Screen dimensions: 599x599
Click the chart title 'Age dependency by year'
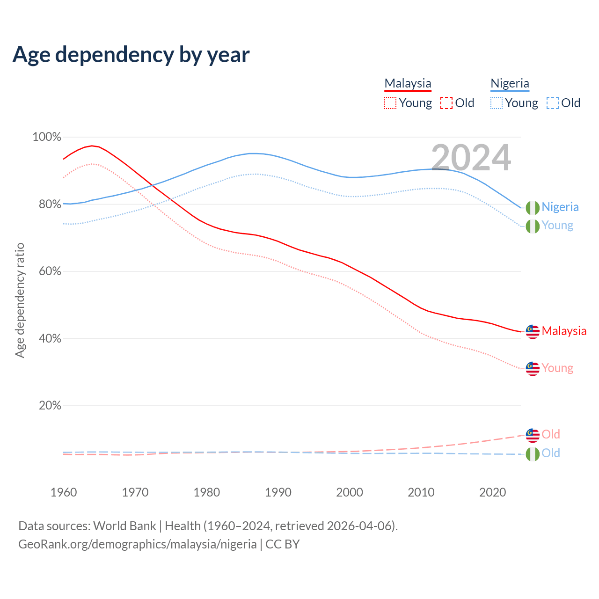pyautogui.click(x=131, y=55)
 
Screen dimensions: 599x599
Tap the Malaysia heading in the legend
pyautogui.click(x=408, y=84)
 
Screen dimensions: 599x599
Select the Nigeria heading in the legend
pyautogui.click(x=510, y=84)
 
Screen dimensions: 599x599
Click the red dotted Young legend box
pyautogui.click(x=390, y=103)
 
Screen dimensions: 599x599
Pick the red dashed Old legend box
pyautogui.click(x=446, y=103)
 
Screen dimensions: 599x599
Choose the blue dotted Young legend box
pyautogui.click(x=497, y=103)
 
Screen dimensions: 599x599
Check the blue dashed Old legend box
pyautogui.click(x=553, y=103)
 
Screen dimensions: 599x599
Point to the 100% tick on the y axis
pyautogui.click(x=47, y=137)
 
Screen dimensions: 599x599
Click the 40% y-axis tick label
pyautogui.click(x=49, y=338)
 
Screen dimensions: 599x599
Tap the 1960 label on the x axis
pyautogui.click(x=64, y=492)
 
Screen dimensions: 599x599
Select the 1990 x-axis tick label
pyautogui.click(x=278, y=492)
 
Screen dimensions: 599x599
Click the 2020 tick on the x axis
pyautogui.click(x=492, y=492)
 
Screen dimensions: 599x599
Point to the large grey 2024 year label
pyautogui.click(x=471, y=158)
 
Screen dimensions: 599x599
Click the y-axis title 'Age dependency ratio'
pyautogui.click(x=20, y=300)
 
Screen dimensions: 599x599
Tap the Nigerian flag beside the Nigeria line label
pyautogui.click(x=533, y=207)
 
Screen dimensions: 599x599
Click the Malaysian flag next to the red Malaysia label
pyautogui.click(x=533, y=331)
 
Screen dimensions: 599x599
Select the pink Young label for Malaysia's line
pyautogui.click(x=557, y=368)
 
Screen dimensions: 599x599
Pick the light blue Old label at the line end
pyautogui.click(x=551, y=453)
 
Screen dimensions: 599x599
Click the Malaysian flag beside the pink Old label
pyautogui.click(x=533, y=435)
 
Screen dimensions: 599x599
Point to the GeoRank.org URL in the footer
pyautogui.click(x=137, y=544)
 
